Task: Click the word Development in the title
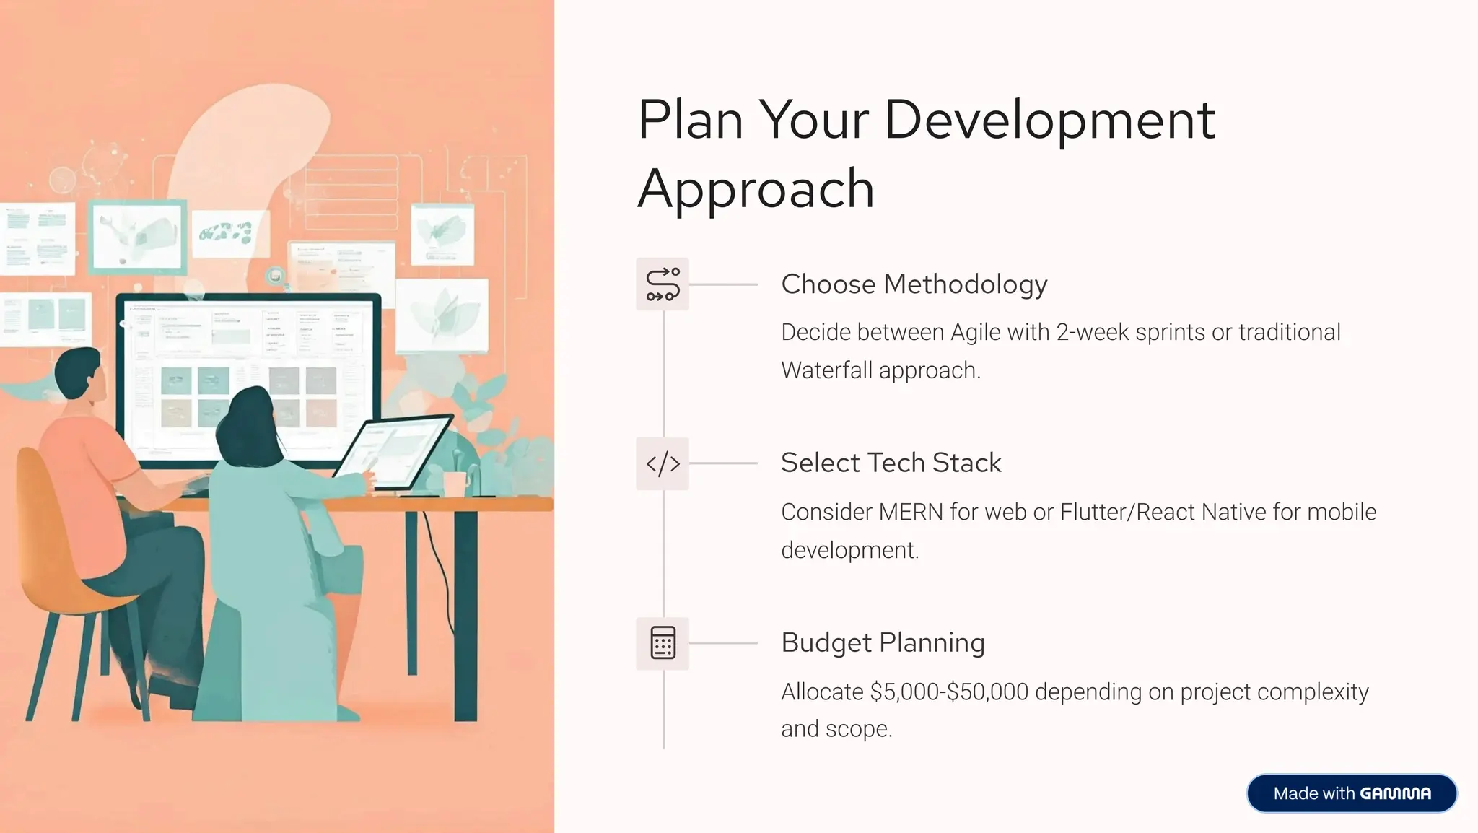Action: pyautogui.click(x=1049, y=121)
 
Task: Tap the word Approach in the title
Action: pyautogui.click(x=756, y=189)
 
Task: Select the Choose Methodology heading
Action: pyautogui.click(x=914, y=284)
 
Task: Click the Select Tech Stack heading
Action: pyautogui.click(x=891, y=463)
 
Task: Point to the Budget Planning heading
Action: pyautogui.click(x=883, y=642)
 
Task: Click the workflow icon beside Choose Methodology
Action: pyautogui.click(x=663, y=284)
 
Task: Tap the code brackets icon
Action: pyautogui.click(x=663, y=463)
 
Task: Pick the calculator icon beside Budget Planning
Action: pyautogui.click(x=663, y=643)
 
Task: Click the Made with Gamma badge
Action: pyautogui.click(x=1351, y=793)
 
